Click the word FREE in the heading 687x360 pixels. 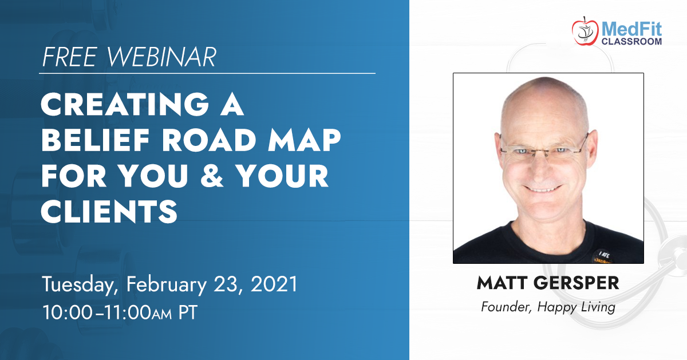pos(70,57)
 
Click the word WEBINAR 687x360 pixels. pos(161,57)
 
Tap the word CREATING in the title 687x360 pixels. pos(125,104)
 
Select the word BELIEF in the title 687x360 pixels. pos(96,140)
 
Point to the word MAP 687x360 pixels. pos(304,140)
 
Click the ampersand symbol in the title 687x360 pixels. pos(212,176)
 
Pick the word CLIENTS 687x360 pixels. pos(109,211)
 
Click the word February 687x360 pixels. pos(167,284)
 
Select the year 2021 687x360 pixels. pos(274,284)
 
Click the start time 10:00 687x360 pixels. pos(67,312)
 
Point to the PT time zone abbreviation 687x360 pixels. pos(188,312)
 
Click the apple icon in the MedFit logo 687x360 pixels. pos(585,31)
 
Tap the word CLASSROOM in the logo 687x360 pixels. pos(631,41)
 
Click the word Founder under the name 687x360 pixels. pos(506,307)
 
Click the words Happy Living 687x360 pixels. pos(577,307)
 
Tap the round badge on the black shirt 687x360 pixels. pos(603,256)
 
